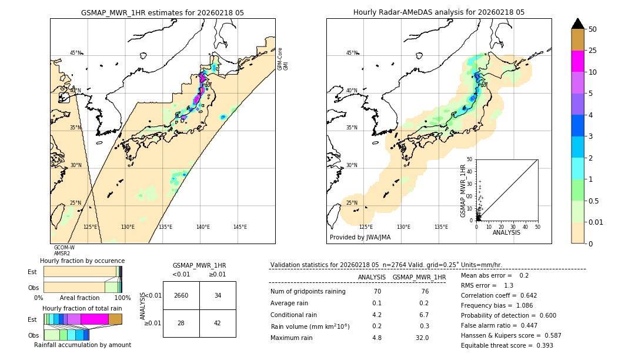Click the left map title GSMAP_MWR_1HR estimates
tap(162, 12)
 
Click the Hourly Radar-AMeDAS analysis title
tap(439, 12)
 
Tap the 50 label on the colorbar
tap(593, 29)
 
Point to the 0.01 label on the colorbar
tap(596, 222)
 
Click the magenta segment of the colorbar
tap(577, 61)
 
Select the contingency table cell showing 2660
tap(181, 295)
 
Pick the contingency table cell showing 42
tap(218, 323)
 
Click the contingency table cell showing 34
tap(218, 295)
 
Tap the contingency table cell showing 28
tap(181, 323)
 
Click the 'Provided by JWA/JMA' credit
tap(360, 238)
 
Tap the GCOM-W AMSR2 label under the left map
tap(64, 251)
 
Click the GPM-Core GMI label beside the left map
tap(283, 59)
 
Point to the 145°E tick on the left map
tap(240, 227)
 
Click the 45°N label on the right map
tap(352, 53)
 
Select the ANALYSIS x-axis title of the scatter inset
tap(506, 233)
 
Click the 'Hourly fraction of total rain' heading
tap(82, 309)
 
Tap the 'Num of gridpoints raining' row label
tap(308, 292)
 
